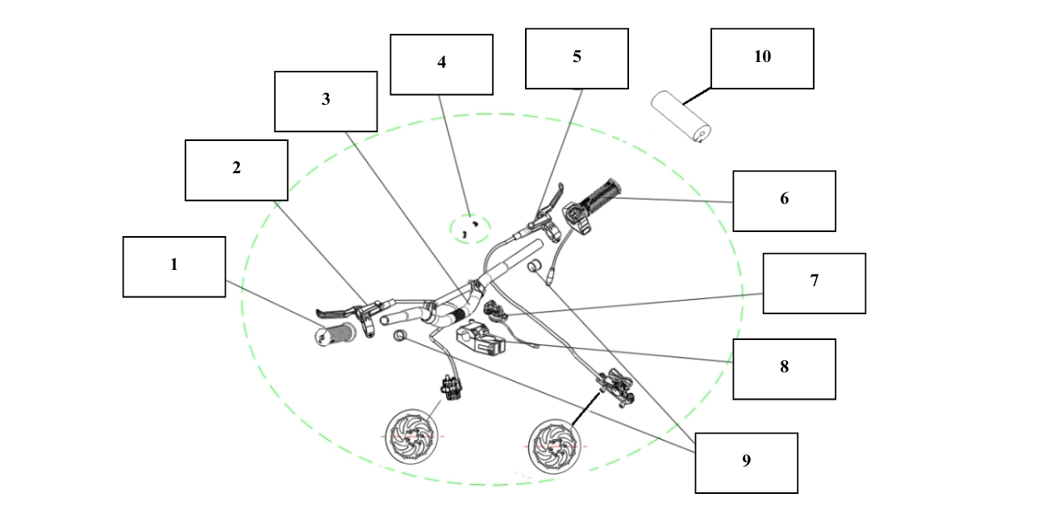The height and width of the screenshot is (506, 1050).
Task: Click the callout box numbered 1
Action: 173,267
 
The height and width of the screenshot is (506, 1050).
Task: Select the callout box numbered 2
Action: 236,170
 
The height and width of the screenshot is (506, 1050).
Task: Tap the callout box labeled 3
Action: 326,102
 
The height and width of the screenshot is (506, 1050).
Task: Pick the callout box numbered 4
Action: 441,64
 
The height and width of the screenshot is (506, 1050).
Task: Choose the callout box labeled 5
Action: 577,59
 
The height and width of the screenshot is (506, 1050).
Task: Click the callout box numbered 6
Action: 784,201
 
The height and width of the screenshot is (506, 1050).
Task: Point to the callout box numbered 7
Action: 814,284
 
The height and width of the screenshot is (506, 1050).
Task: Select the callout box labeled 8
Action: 784,369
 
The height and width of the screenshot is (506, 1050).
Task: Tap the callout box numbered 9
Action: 746,462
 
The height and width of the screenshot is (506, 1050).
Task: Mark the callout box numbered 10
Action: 761,59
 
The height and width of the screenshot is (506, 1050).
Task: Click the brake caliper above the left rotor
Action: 449,384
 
